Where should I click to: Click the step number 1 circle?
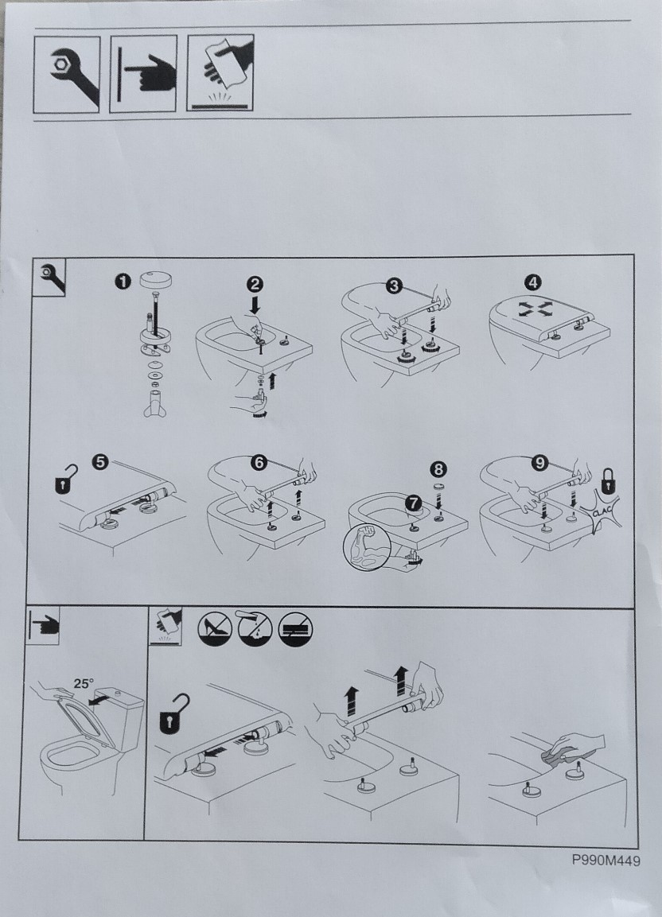tap(123, 282)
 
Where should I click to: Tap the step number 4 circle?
tap(532, 282)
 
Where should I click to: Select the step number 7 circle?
tap(414, 503)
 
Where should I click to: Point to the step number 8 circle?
tap(438, 469)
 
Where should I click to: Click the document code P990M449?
tap(606, 861)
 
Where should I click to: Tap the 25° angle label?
tap(83, 683)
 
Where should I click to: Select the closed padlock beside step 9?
tap(608, 480)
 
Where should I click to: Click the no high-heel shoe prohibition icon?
tap(215, 630)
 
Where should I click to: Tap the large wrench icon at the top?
tap(67, 74)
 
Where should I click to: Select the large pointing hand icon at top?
tap(143, 74)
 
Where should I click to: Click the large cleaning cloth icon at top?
tap(220, 72)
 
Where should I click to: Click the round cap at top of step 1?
tap(156, 279)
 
